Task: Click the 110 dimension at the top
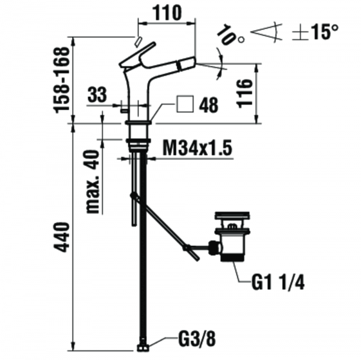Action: point(167,13)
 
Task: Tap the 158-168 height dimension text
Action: point(61,80)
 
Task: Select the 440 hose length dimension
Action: point(61,237)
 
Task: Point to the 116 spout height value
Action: point(244,93)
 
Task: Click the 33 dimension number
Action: point(97,94)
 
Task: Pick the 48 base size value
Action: point(208,105)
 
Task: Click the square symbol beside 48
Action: point(185,104)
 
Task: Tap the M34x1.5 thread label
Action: point(197,148)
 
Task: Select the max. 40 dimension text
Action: point(93,182)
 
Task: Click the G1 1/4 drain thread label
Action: point(278,282)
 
